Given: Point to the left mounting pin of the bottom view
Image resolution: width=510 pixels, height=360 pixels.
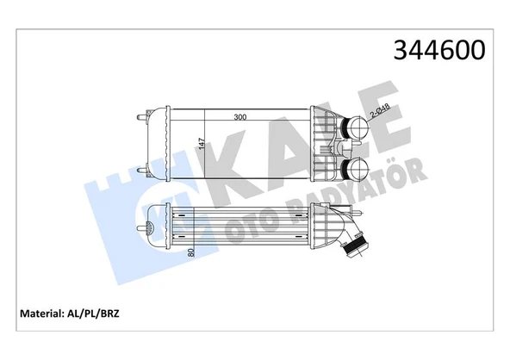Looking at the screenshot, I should coord(143,228).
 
